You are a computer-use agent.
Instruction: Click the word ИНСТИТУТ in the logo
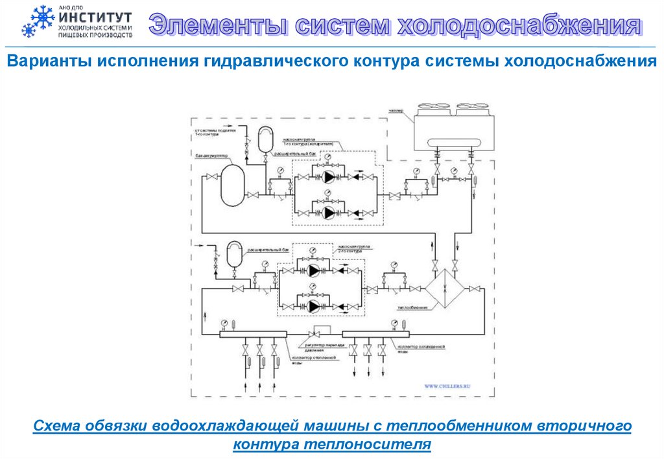pos(94,18)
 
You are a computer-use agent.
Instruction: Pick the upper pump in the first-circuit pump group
pos(331,176)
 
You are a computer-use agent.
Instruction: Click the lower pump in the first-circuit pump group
pos(331,212)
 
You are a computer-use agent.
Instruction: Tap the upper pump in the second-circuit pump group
pos(315,270)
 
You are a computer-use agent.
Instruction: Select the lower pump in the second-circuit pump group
pos(315,305)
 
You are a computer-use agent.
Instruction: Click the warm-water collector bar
pos(253,335)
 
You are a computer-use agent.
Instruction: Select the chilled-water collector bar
pos(376,335)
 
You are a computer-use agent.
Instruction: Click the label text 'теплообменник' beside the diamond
pos(410,307)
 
